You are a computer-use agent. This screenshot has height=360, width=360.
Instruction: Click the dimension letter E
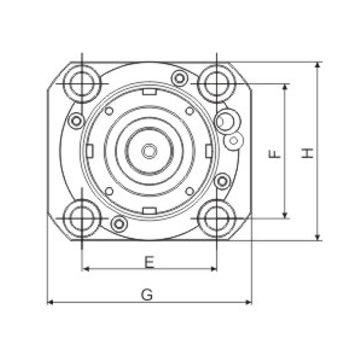click(x=149, y=262)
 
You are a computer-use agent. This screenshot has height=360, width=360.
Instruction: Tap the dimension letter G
click(x=147, y=295)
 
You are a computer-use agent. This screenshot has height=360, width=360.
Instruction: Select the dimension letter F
click(x=274, y=154)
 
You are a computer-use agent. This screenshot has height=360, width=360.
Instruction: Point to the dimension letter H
click(x=308, y=153)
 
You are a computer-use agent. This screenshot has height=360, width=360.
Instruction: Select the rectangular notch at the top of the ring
click(x=149, y=92)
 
